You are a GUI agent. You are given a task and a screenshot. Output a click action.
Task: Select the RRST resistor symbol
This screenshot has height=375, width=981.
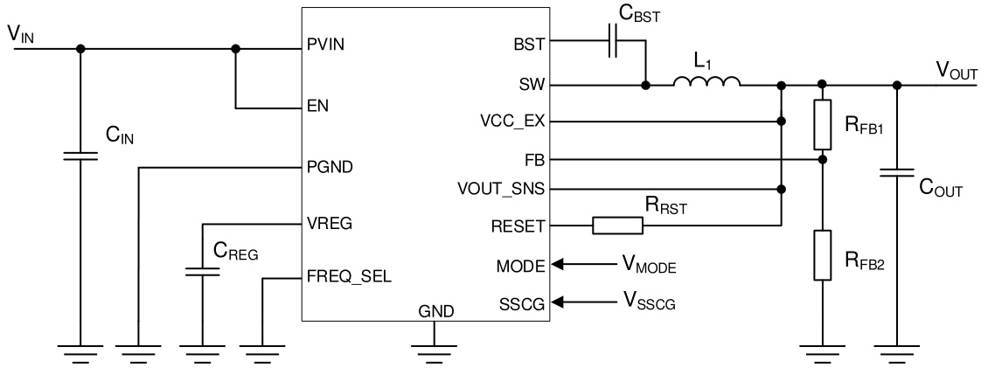click(x=617, y=226)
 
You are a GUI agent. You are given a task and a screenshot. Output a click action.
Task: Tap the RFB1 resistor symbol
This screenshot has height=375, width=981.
click(x=822, y=124)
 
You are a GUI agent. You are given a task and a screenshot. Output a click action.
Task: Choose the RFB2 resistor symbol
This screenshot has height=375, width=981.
click(x=822, y=255)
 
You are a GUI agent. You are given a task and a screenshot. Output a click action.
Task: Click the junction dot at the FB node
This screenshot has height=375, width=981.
click(x=822, y=160)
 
